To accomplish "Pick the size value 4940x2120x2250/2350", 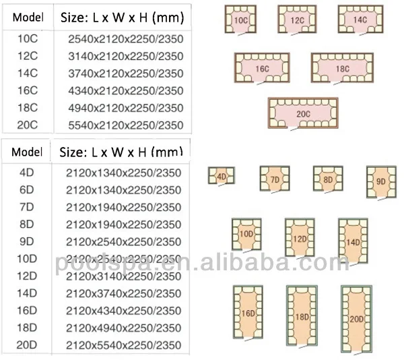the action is point(125,108).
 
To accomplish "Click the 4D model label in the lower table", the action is point(28,173).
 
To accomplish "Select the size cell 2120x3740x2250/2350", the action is point(124,293).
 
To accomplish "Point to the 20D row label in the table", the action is point(28,345).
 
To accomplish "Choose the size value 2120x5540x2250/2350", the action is point(124,345).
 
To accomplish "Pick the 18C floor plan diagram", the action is point(341,68).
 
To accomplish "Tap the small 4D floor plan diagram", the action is point(221,177).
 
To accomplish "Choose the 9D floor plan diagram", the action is point(378,181).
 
